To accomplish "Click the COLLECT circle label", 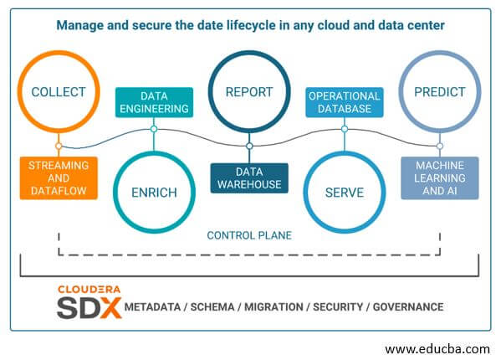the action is click(x=59, y=92).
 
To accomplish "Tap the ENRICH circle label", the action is click(x=154, y=193).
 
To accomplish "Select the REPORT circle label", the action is click(x=249, y=92).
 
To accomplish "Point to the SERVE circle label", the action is click(x=345, y=193).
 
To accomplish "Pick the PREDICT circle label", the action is click(x=440, y=92).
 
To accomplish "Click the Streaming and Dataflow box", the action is click(x=59, y=178).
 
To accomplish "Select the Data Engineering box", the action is click(x=154, y=102).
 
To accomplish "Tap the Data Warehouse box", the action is click(x=249, y=178).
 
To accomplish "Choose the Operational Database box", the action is click(x=345, y=102).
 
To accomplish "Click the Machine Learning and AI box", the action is click(x=440, y=178).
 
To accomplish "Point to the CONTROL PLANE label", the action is click(x=249, y=235).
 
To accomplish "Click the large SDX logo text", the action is click(x=89, y=307).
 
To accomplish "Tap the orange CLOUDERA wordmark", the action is click(x=89, y=290).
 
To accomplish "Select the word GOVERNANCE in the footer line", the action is click(x=408, y=307).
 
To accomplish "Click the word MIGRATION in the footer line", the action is click(x=274, y=307).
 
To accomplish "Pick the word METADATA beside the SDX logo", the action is click(x=152, y=307).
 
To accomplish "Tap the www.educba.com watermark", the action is click(x=437, y=349).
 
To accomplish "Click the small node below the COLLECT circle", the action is click(x=59, y=147).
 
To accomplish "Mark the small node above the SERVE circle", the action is click(x=345, y=129).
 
